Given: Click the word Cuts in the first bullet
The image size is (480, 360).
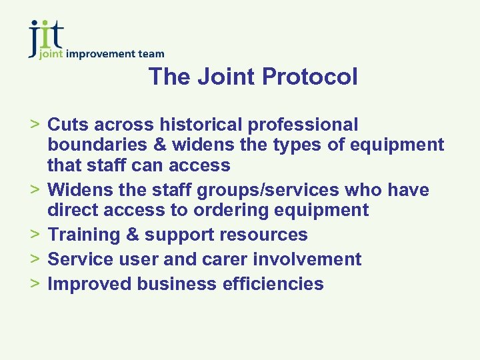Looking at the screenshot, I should point(69,125).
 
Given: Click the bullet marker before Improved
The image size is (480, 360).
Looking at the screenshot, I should point(36,283).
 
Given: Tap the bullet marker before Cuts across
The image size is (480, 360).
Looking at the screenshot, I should point(36,125).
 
